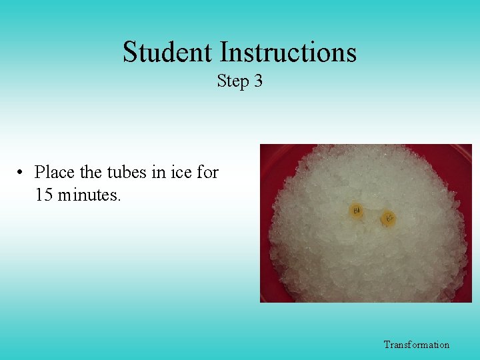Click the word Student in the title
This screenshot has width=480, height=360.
click(168, 52)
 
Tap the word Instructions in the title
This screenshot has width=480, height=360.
click(288, 52)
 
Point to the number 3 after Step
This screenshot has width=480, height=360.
click(258, 81)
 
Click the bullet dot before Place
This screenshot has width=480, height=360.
click(22, 173)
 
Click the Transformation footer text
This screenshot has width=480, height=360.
click(416, 345)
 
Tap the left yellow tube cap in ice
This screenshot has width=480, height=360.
click(357, 211)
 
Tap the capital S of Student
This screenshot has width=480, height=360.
click(130, 52)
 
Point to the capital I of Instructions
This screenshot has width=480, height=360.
click(223, 52)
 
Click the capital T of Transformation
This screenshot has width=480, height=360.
click(387, 345)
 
